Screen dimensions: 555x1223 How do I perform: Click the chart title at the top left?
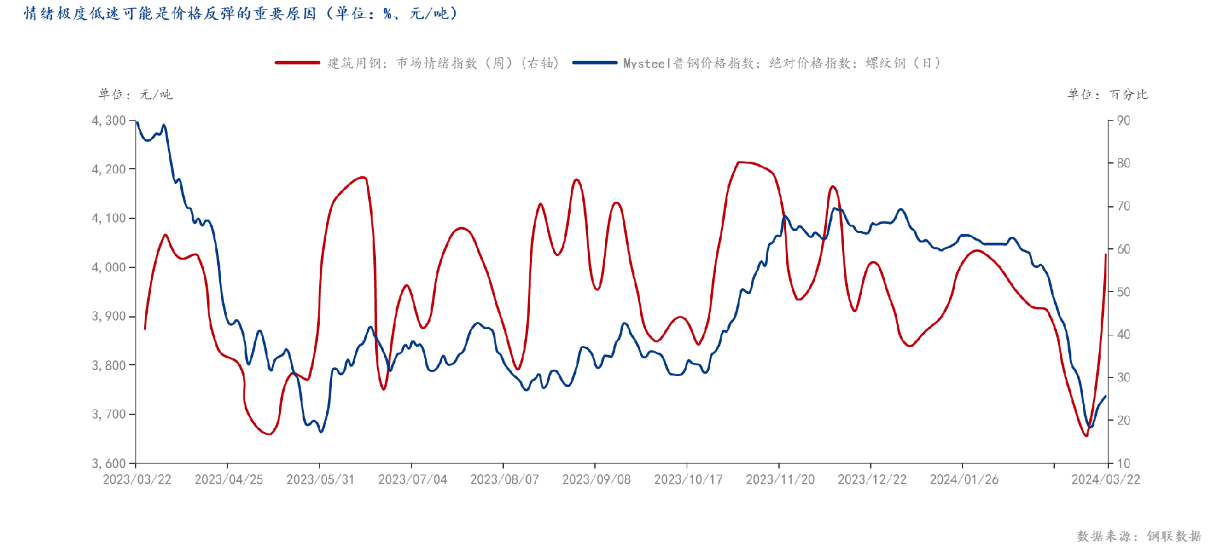click(241, 13)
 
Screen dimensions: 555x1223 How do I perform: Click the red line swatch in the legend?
click(297, 63)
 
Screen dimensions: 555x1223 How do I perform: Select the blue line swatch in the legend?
click(594, 63)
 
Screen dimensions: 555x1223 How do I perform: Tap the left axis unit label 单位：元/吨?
click(135, 95)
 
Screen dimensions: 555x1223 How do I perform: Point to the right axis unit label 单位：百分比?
click(1107, 95)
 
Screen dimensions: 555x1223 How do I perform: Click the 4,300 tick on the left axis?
click(109, 120)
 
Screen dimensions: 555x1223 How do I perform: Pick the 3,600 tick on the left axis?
click(109, 463)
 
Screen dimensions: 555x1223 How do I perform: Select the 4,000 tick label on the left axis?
click(109, 267)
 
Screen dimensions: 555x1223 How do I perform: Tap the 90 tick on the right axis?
click(1123, 120)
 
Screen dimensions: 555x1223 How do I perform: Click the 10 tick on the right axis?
click(1123, 463)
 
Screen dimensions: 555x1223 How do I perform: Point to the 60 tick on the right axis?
click(1123, 249)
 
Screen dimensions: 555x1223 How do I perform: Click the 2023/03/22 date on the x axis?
click(137, 480)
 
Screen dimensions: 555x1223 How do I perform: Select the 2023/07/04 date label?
click(413, 480)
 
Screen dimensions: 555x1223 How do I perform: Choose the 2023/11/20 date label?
click(780, 480)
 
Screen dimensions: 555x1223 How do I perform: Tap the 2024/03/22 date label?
click(1106, 480)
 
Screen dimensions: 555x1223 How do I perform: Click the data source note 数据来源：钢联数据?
click(1139, 537)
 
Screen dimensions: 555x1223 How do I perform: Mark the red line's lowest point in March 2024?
click(1086, 436)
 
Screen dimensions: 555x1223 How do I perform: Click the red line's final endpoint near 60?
click(1106, 255)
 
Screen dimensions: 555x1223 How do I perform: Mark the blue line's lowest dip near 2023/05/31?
click(321, 432)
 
